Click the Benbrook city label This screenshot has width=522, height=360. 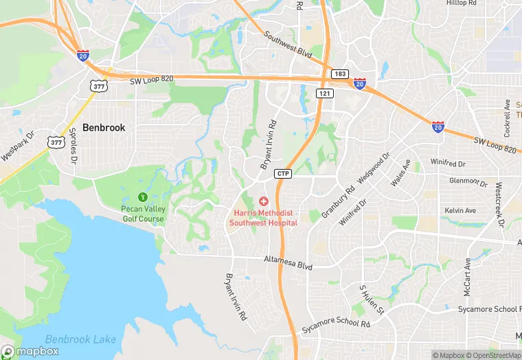[x=104, y=127]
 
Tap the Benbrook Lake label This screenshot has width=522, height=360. [x=80, y=339]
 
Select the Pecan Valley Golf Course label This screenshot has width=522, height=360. [x=142, y=214]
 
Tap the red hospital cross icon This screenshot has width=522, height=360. [x=263, y=201]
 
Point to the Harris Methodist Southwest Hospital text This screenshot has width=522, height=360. [x=263, y=218]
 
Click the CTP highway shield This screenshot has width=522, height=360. [x=283, y=174]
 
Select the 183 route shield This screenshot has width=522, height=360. [x=339, y=74]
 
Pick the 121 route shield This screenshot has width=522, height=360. [x=325, y=93]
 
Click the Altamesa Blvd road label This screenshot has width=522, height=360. [x=288, y=261]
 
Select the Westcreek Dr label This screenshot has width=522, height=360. [x=499, y=205]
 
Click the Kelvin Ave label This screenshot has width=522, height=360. [x=460, y=210]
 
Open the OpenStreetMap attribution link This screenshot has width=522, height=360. [x=488, y=355]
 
